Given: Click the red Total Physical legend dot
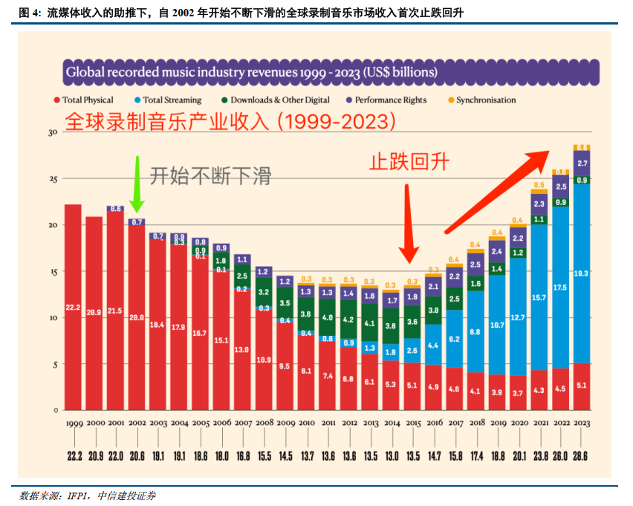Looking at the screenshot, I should tap(56, 100).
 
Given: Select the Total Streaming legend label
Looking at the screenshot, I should tap(172, 100).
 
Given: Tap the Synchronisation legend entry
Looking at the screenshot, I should tap(486, 100).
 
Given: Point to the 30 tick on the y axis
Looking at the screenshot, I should tap(52, 132).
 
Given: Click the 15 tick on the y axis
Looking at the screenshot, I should tap(52, 272).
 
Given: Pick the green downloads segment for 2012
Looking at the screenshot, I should tap(348, 320).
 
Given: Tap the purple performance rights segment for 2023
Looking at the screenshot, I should tap(582, 163).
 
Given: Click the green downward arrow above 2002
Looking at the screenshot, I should tap(136, 181).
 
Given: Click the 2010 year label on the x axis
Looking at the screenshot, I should tap(305, 423).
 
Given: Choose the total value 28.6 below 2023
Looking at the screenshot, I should tap(582, 455).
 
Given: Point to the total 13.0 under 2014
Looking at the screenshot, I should tap(391, 455).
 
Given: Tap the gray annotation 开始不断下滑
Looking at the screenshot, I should tap(210, 176).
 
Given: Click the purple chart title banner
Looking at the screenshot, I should tap(331, 72).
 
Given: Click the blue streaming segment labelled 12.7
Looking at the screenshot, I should tap(518, 317).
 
